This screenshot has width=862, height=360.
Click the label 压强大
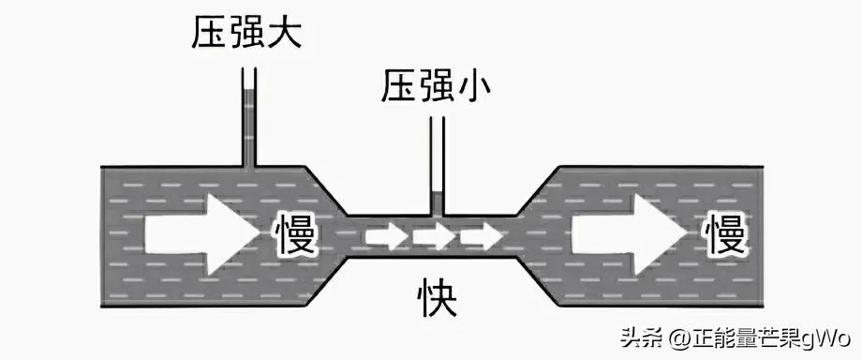(247, 37)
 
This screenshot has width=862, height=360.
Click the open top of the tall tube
(248, 71)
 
